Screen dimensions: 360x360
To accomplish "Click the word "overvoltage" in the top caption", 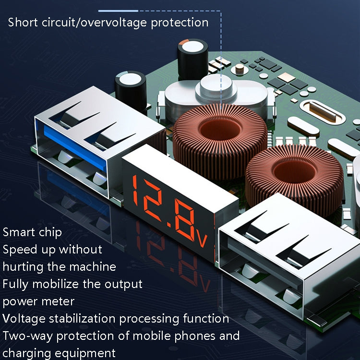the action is pos(114,23).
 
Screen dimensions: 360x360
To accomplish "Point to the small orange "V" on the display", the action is pos(202,240).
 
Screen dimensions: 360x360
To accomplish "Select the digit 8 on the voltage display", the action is pos(184,220).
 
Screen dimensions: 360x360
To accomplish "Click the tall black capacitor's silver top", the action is pos(193,47).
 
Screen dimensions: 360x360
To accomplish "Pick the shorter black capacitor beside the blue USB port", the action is pos(131,91).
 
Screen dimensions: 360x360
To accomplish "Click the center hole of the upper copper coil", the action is pos(220,129).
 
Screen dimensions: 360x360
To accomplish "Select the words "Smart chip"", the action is pos(32,232).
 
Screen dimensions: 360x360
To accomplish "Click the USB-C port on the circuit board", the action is pos(323,111).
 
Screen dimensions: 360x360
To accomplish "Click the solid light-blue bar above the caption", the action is pos(118,11).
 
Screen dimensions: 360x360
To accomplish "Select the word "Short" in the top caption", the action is pos(23,23).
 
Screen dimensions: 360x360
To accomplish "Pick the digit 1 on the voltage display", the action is pos(135,190).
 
